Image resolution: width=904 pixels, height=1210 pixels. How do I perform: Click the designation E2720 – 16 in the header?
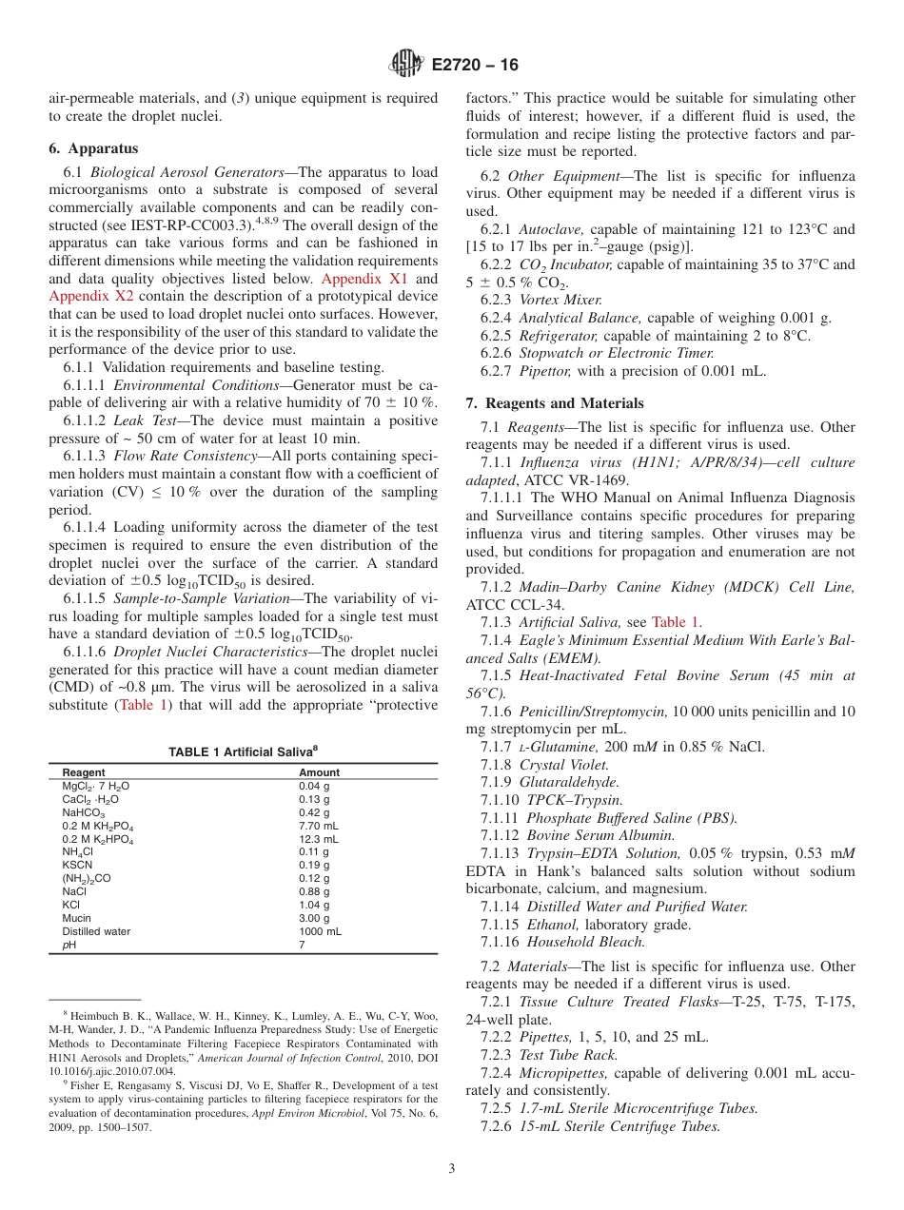[475, 65]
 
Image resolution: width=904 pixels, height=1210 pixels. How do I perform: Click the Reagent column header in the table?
[84, 772]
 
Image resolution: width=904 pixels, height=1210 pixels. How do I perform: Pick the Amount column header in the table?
[319, 772]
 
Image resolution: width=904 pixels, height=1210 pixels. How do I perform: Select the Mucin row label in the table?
[77, 918]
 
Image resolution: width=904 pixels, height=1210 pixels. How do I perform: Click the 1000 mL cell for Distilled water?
[320, 931]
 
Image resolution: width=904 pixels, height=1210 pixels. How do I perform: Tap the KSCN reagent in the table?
[77, 865]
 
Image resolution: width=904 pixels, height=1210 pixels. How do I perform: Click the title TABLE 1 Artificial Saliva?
[243, 751]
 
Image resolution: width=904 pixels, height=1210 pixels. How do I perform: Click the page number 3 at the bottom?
[452, 1169]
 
